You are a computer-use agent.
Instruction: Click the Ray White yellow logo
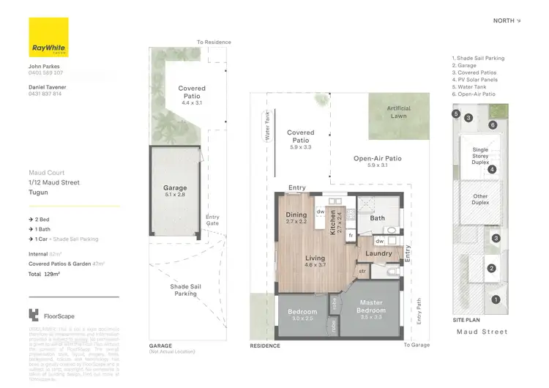pyautogui.click(x=48, y=37)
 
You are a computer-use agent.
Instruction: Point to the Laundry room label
pyautogui.click(x=379, y=253)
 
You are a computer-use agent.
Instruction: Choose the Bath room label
pyautogui.click(x=377, y=218)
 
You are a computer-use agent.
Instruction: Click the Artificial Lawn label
pyautogui.click(x=398, y=112)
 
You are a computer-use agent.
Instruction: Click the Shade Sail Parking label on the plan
pyautogui.click(x=184, y=290)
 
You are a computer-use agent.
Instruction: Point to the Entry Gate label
pyautogui.click(x=212, y=220)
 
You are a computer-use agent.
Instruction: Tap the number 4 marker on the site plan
pyautogui.click(x=492, y=170)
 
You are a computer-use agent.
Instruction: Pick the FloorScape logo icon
pyautogui.click(x=33, y=316)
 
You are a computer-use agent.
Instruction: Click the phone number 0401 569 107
pyautogui.click(x=45, y=72)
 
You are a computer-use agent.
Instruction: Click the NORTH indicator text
pyautogui.click(x=506, y=20)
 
